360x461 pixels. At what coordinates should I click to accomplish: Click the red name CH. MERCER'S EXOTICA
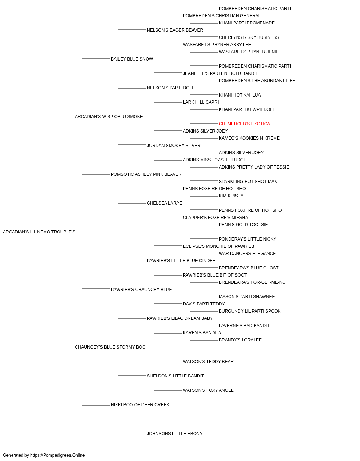pos(244,124)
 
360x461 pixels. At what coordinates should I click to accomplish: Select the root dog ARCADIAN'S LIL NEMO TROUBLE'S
pos(39,232)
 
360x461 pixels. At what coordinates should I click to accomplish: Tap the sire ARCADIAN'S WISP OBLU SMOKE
pos(109,117)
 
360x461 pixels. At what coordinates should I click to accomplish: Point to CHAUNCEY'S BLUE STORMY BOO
pos(110,347)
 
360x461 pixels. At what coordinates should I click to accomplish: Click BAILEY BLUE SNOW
pos(132,59)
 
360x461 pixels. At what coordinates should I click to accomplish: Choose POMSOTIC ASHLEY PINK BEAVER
pos(146,174)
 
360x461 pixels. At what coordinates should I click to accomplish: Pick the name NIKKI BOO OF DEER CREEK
pos(140,405)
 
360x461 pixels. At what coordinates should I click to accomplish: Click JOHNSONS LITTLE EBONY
pos(175,434)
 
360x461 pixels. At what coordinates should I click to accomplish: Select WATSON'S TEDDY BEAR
pos(208,362)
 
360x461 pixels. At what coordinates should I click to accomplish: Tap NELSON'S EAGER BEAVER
pos(175,30)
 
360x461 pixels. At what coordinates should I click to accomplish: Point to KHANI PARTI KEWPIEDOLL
pos(247,109)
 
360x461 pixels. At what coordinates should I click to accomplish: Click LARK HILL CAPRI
pos(201,102)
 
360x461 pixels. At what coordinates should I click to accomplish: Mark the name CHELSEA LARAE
pos(165,203)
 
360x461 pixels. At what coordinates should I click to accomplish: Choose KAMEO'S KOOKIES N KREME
pos(249,138)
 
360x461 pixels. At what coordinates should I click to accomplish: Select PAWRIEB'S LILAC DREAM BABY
pos(180,318)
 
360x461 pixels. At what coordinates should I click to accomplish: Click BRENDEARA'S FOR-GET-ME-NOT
pos(253,282)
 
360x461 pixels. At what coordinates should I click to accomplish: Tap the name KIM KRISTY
pos(231,196)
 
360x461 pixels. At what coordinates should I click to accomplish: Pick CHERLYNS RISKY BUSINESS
pos(249,37)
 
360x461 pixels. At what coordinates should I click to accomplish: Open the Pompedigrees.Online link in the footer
pos(58,455)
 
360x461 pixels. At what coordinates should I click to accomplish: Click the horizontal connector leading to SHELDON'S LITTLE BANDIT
pos(132,375)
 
